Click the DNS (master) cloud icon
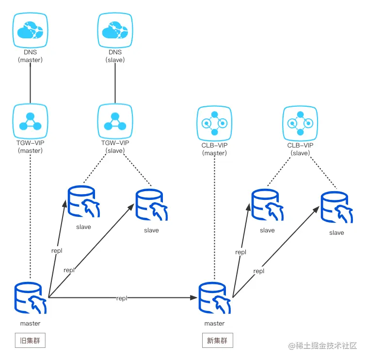click(x=30, y=31)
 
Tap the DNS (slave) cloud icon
click(x=115, y=31)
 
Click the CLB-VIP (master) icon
click(x=214, y=123)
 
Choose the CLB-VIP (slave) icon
click(x=300, y=123)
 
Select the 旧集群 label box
click(x=30, y=341)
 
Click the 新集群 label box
click(x=217, y=341)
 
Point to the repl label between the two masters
click(x=122, y=298)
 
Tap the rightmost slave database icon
click(x=336, y=209)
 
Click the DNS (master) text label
click(x=30, y=56)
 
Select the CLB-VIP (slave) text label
click(x=300, y=149)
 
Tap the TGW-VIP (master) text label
click(x=30, y=147)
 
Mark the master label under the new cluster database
click(x=214, y=324)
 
